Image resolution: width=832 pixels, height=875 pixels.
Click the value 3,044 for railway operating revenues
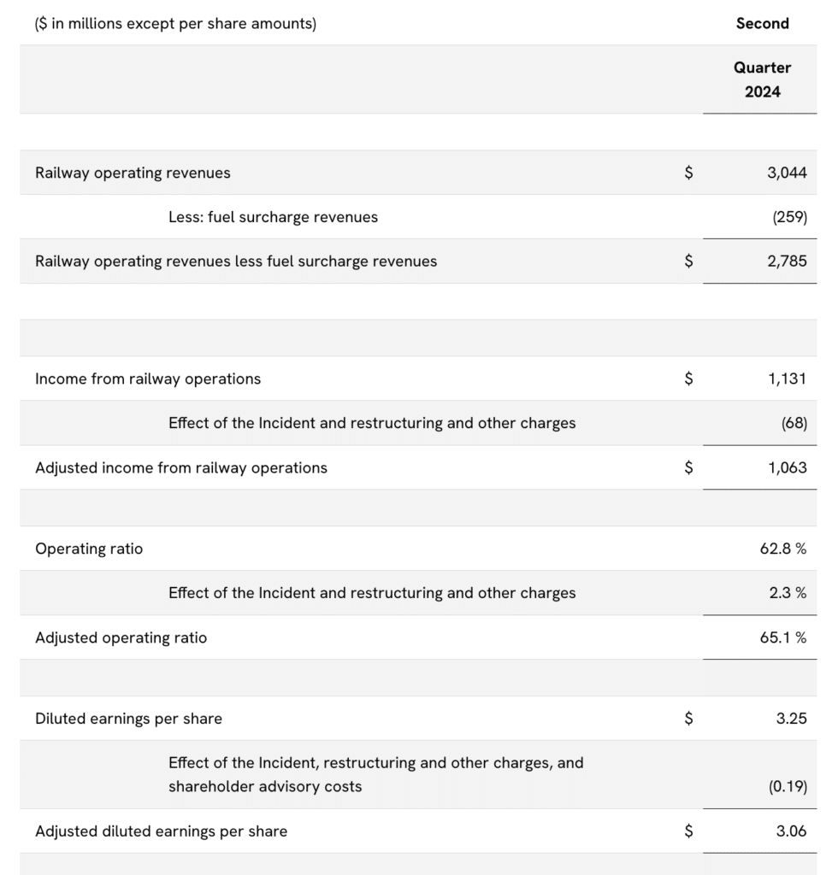pyautogui.click(x=787, y=173)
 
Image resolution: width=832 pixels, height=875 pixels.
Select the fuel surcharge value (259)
pyautogui.click(x=789, y=217)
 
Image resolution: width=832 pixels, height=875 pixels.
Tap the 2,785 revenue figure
pyautogui.click(x=787, y=261)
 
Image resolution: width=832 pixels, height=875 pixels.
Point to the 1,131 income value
pyautogui.click(x=787, y=379)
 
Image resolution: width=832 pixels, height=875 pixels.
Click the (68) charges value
pyautogui.click(x=794, y=423)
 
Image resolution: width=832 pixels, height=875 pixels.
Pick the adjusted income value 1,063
pyautogui.click(x=787, y=467)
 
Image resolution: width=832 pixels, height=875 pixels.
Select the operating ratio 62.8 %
pyautogui.click(x=782, y=549)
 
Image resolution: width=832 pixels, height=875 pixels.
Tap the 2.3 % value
pyautogui.click(x=788, y=593)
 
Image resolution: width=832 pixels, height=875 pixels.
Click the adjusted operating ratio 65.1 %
pyautogui.click(x=782, y=637)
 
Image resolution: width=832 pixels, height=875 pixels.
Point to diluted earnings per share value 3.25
pyautogui.click(x=791, y=719)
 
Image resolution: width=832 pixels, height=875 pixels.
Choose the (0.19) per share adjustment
pyautogui.click(x=788, y=786)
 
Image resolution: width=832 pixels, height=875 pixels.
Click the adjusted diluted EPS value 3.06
pyautogui.click(x=791, y=831)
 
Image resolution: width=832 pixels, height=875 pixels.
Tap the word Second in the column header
pyautogui.click(x=762, y=24)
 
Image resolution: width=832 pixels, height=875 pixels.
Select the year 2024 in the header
pyautogui.click(x=762, y=91)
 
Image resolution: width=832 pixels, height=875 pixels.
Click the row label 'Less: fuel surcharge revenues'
pyautogui.click(x=273, y=217)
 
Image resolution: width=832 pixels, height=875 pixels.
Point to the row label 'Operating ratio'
pyautogui.click(x=89, y=549)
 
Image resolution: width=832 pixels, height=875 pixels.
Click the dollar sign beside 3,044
pyautogui.click(x=688, y=173)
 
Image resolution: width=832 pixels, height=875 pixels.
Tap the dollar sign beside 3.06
pyautogui.click(x=688, y=831)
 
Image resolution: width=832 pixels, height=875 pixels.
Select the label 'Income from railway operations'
pyautogui.click(x=148, y=379)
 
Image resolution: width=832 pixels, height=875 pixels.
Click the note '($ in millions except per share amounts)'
pyautogui.click(x=175, y=24)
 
